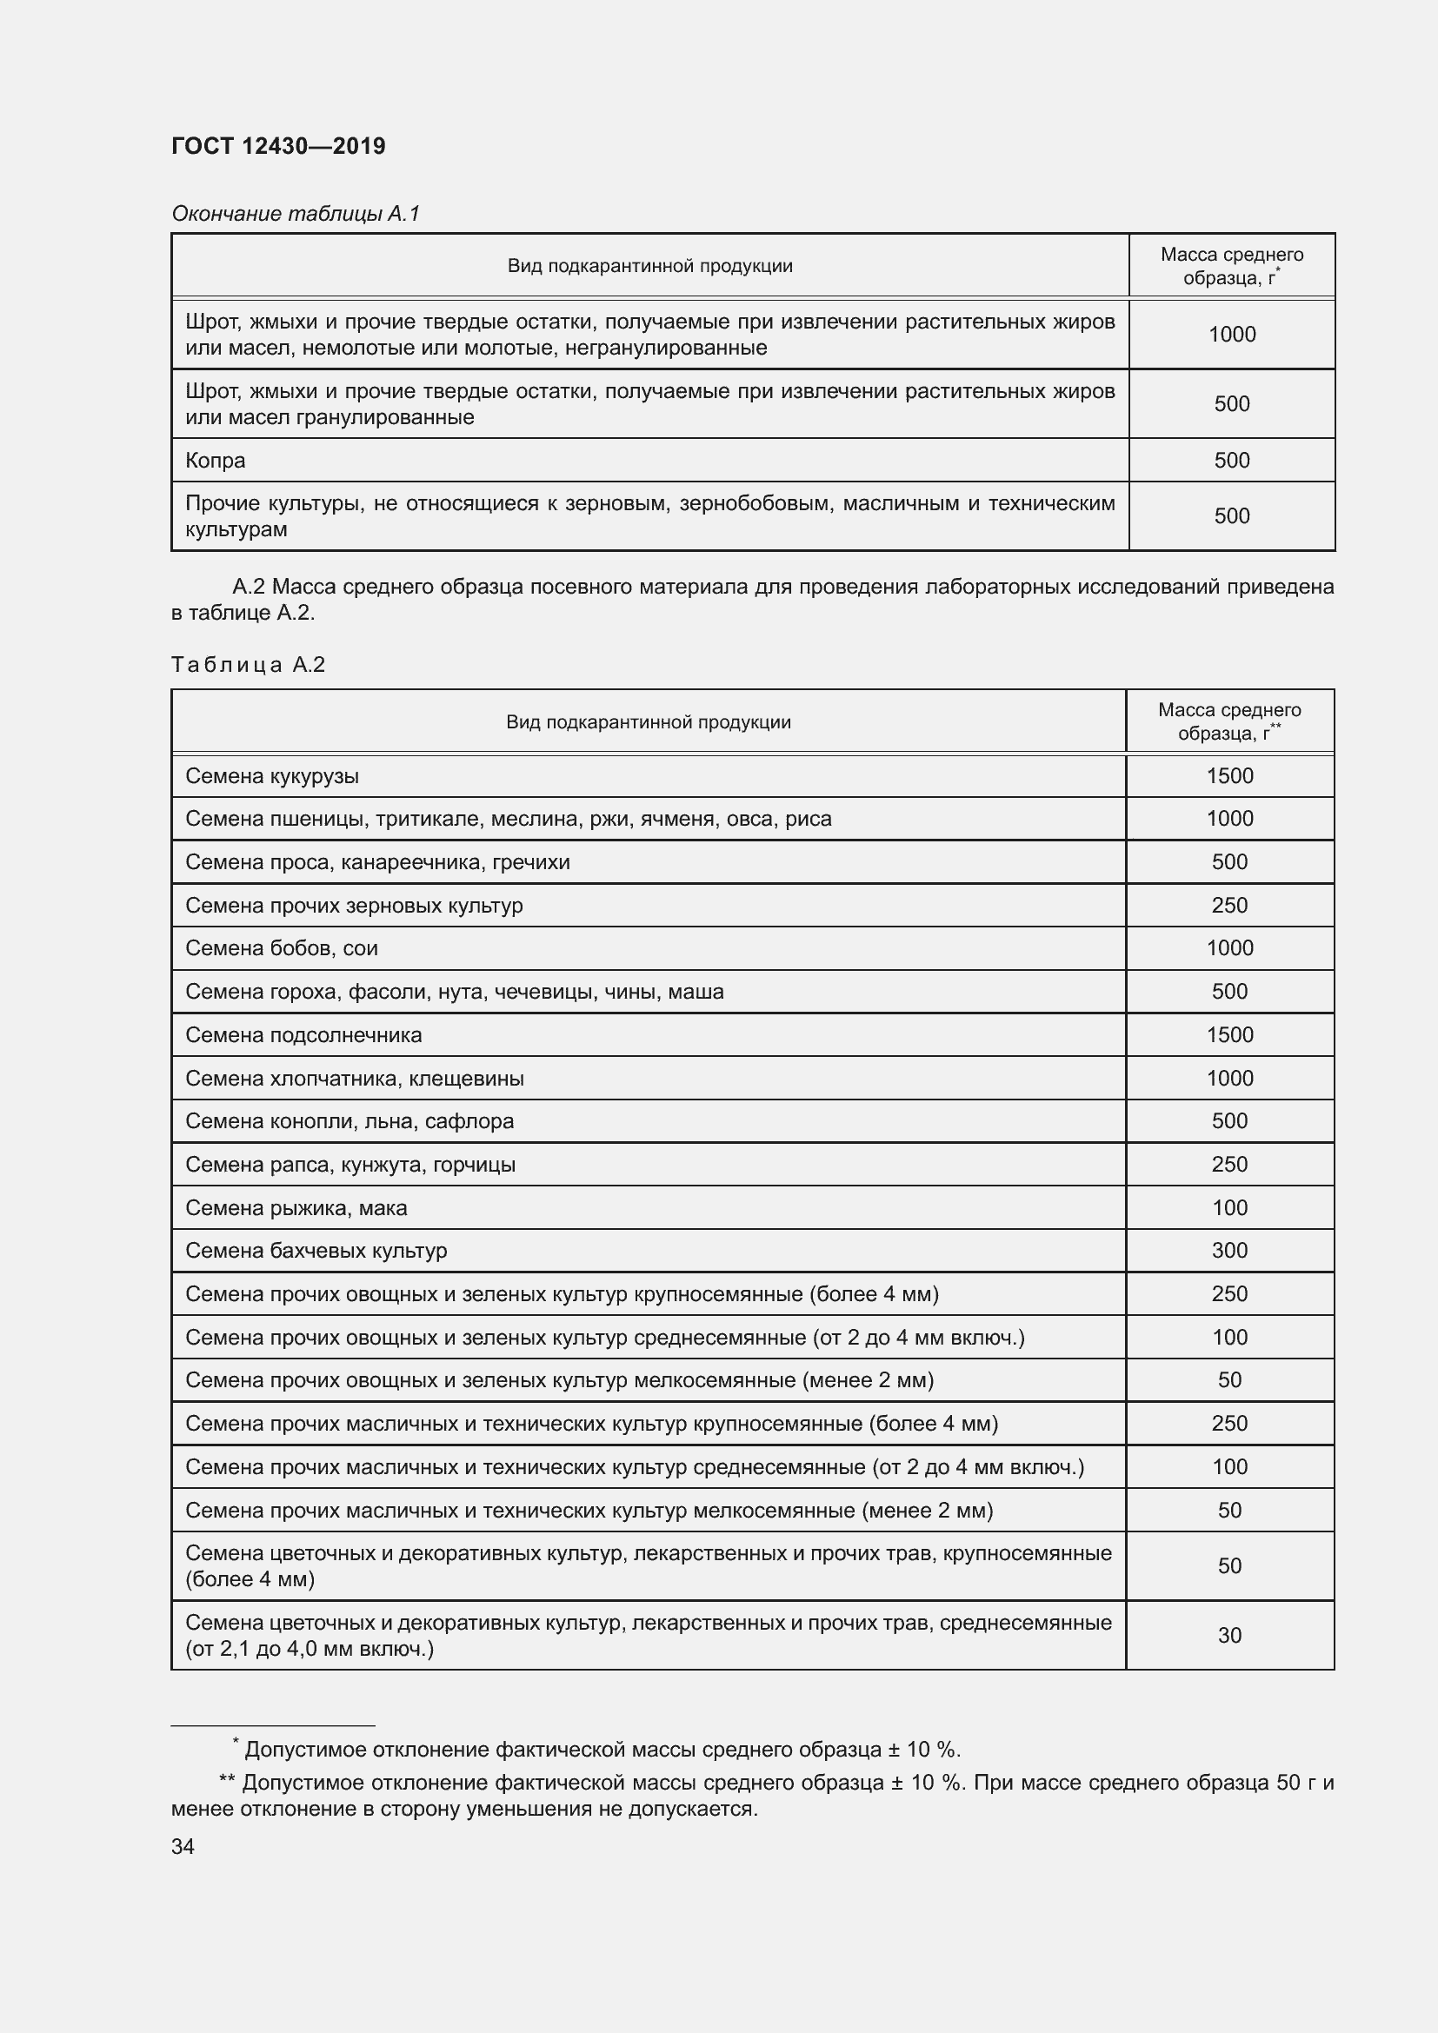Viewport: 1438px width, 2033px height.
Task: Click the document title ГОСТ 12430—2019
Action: click(278, 146)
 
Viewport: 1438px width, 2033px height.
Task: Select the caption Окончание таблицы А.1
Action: click(295, 214)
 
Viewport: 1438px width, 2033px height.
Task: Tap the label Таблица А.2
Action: click(248, 665)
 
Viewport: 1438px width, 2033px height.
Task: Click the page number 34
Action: click(183, 1846)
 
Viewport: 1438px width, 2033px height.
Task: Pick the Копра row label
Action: click(215, 461)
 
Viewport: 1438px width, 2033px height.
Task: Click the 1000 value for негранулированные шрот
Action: click(1232, 335)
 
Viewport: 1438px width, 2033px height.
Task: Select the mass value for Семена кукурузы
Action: click(1229, 775)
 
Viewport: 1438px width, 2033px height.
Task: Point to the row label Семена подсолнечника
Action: click(303, 1035)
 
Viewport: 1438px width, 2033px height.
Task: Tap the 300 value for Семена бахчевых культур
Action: click(1229, 1250)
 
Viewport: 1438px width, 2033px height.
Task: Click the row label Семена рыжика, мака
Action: click(296, 1208)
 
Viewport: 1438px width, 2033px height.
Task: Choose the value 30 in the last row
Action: click(1229, 1636)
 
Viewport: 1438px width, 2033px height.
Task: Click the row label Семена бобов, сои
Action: click(282, 948)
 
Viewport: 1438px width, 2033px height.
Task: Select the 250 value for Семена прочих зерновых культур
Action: click(1229, 905)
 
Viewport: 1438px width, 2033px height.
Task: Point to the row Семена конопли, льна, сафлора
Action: click(349, 1121)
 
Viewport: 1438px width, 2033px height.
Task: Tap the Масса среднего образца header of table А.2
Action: click(1229, 721)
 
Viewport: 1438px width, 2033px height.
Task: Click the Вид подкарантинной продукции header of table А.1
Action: click(649, 266)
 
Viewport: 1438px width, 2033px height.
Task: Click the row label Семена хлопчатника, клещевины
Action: click(354, 1079)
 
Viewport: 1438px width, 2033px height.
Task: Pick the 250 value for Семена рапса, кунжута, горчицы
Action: click(1229, 1165)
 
